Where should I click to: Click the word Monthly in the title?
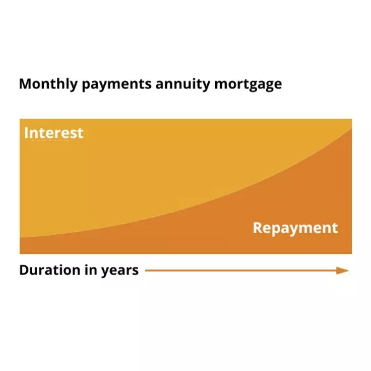pos(48,84)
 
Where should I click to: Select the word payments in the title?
pos(116,85)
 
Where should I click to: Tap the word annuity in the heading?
pos(182,85)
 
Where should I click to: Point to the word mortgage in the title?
pos(248,85)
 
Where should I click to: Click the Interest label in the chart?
pos(54,133)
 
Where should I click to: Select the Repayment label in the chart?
pos(296,228)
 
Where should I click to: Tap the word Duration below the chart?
pos(49,270)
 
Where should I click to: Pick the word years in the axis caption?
pos(120,271)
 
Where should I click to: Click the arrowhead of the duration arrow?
pos(343,270)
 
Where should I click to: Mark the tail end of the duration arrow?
pos(145,270)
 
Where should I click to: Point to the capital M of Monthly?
pos(25,83)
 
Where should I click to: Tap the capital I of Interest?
pos(26,132)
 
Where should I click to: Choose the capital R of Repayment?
pos(257,228)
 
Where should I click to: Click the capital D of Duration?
pos(24,270)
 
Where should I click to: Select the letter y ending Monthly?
pos(74,86)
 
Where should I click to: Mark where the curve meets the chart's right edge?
pos(352,129)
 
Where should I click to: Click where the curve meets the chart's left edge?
pos(20,237)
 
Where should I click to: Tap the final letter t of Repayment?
pos(336,229)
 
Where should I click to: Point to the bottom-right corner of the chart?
pos(352,254)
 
